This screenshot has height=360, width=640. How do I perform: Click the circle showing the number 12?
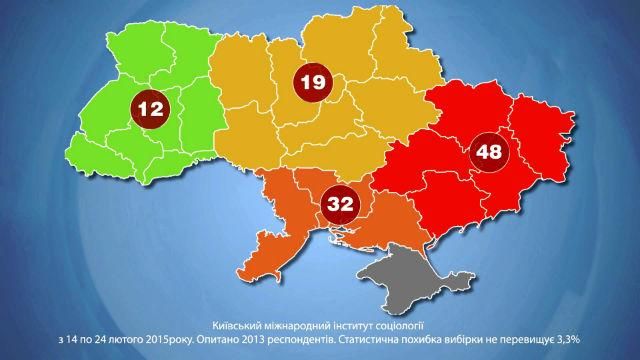coord(151,109)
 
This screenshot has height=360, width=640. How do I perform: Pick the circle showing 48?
coord(490,153)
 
